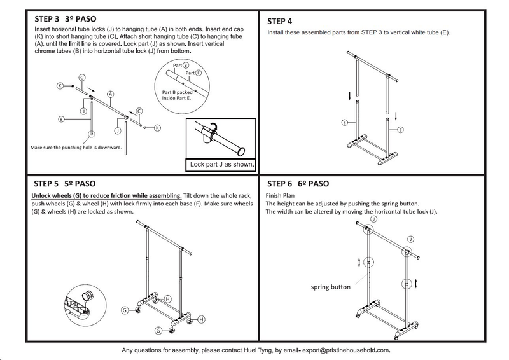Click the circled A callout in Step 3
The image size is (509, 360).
point(110,93)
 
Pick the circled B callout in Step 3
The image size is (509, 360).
point(60,119)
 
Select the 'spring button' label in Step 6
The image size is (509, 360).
point(330,287)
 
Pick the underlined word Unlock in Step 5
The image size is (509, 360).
point(43,196)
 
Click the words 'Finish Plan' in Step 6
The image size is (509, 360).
point(280,196)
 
